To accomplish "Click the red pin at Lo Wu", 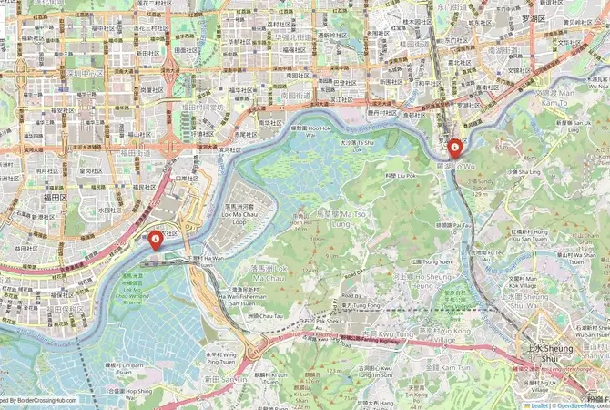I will click(x=454, y=147).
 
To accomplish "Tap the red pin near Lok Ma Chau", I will click(x=156, y=240).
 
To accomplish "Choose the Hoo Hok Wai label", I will click(x=310, y=129).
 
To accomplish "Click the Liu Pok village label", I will click(x=401, y=175).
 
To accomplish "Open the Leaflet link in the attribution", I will click(x=538, y=405).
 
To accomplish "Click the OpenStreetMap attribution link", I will click(x=582, y=405).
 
